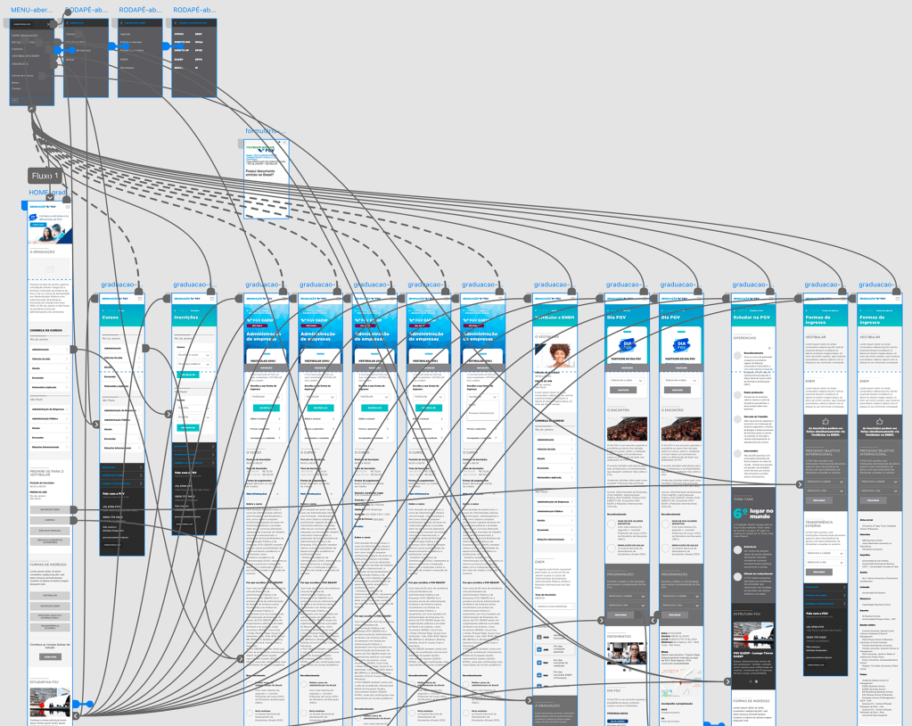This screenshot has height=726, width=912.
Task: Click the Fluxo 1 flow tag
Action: coord(45,177)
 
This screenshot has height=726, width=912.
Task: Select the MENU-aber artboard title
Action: coord(29,9)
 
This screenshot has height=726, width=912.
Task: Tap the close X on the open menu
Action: coord(49,25)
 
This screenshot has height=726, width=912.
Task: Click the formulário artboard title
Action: coord(267,131)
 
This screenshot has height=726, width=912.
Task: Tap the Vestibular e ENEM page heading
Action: coord(554,318)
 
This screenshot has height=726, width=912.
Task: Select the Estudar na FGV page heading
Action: coord(751,318)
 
